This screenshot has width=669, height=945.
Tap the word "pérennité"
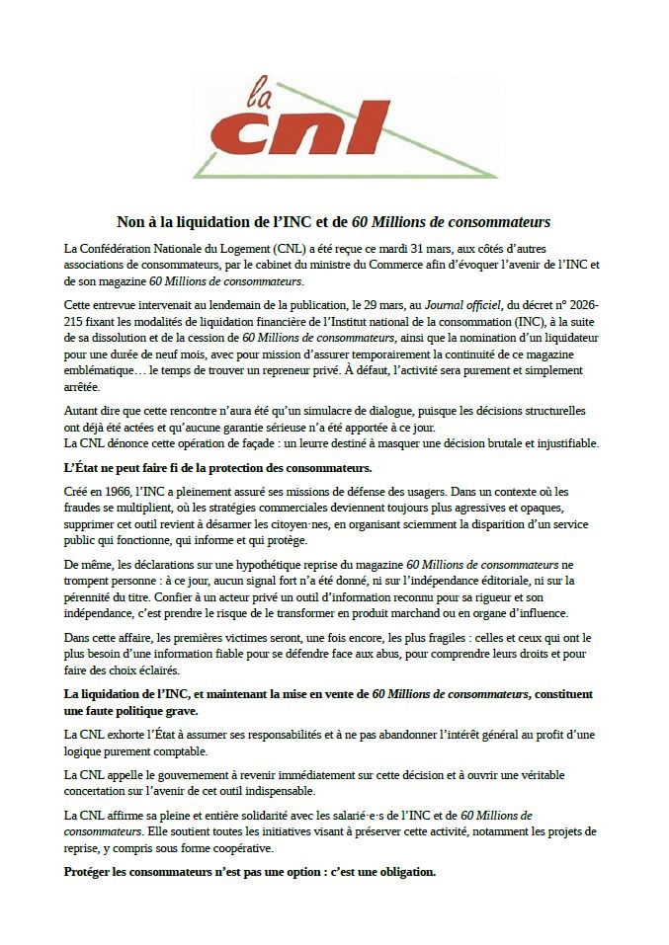click(x=92, y=596)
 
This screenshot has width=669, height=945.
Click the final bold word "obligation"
click(x=401, y=872)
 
